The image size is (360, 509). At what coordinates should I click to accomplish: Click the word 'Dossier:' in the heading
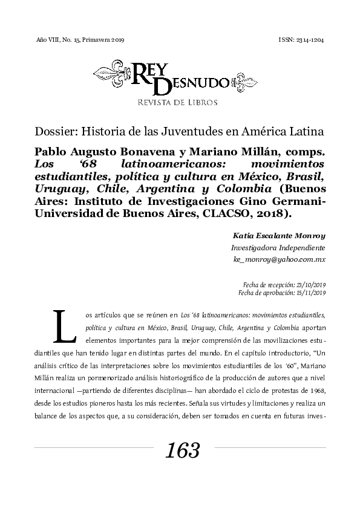point(53,131)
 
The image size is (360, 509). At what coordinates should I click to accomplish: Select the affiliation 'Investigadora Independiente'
point(279,248)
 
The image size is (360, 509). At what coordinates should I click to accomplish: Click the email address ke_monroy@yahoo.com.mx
point(280,259)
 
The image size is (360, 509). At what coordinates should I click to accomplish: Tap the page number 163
point(182,450)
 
